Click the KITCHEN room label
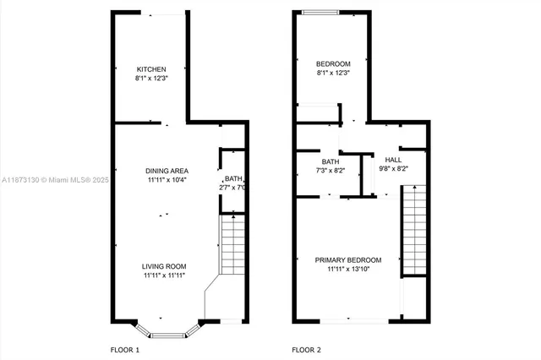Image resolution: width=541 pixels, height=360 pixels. tap(152, 69)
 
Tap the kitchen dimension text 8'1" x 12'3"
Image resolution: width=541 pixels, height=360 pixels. tap(152, 79)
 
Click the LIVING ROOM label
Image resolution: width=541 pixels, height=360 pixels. tap(164, 265)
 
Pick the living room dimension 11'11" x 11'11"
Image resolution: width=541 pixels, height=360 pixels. tap(164, 275)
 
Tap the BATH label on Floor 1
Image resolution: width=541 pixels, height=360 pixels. tap(232, 178)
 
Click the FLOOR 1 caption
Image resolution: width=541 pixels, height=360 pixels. tap(125, 349)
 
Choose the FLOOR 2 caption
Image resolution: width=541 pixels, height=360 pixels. tap(307, 349)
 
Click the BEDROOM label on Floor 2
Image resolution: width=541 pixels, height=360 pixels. tap(333, 64)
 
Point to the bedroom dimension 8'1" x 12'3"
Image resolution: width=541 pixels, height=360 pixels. tap(333, 74)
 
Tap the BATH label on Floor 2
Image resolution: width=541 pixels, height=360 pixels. tap(331, 161)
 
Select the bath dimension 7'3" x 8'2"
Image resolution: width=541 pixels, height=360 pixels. tap(331, 171)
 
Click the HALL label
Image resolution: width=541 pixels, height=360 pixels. tap(393, 159)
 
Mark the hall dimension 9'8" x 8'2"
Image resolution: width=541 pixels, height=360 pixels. tap(393, 168)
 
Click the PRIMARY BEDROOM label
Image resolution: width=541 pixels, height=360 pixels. tap(348, 259)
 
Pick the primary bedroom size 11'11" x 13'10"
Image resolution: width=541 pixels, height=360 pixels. tap(348, 269)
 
